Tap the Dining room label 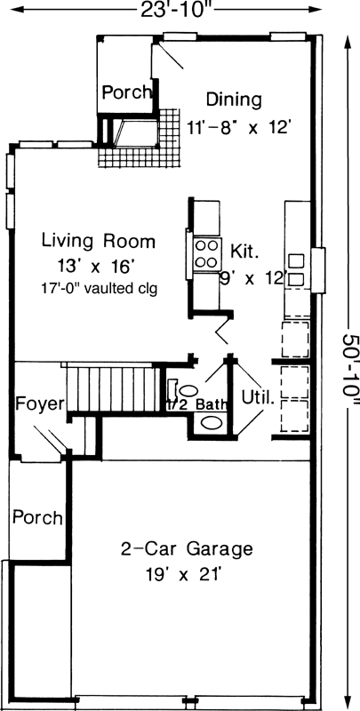[234, 99]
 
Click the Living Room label [99, 241]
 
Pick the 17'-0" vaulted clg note [99, 288]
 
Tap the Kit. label [245, 250]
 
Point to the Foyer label [41, 404]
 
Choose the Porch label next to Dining [124, 92]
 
